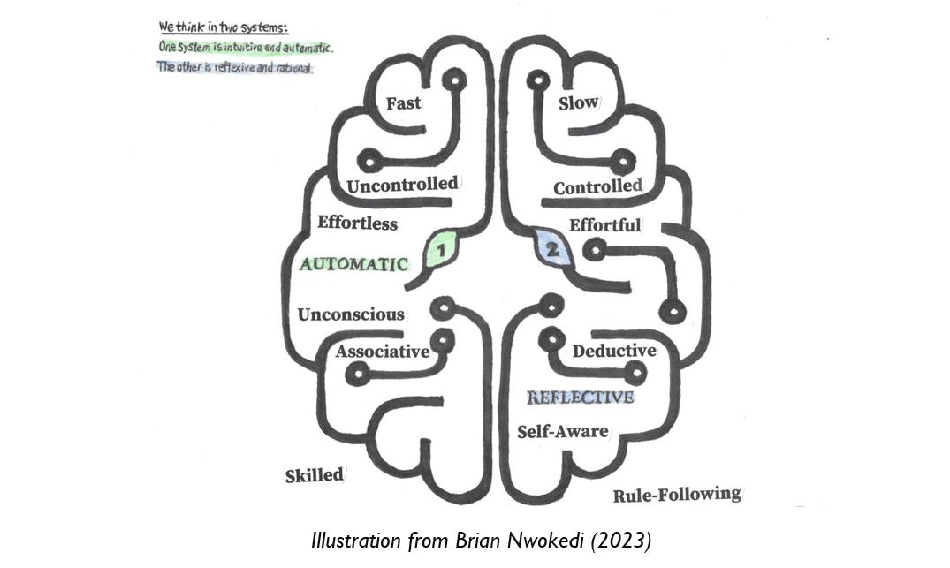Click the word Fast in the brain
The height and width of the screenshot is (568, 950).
tap(403, 103)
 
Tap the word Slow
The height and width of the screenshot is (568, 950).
tap(578, 103)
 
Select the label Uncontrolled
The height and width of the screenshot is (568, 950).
tap(402, 186)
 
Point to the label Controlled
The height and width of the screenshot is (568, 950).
tap(597, 187)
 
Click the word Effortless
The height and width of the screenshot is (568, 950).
tap(357, 223)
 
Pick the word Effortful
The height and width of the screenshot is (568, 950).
tap(604, 225)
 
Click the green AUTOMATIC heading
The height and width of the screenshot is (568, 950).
tap(353, 263)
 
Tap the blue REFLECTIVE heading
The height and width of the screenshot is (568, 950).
tap(581, 398)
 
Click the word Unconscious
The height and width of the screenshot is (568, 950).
tap(351, 314)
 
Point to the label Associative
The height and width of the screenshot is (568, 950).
tap(383, 352)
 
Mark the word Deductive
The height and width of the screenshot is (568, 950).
tap(614, 352)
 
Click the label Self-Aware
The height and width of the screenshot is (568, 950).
tap(563, 431)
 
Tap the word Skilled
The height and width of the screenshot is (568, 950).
tap(314, 475)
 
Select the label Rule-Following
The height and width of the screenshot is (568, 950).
tap(677, 495)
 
